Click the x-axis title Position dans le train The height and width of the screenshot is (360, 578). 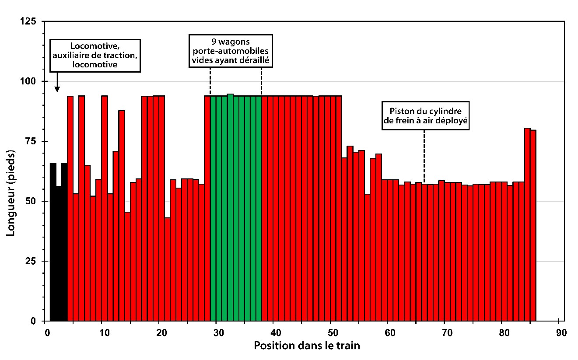coord(307,346)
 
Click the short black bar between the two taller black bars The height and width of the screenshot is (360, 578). coord(59,254)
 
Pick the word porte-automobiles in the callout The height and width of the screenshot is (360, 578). coord(231,52)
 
